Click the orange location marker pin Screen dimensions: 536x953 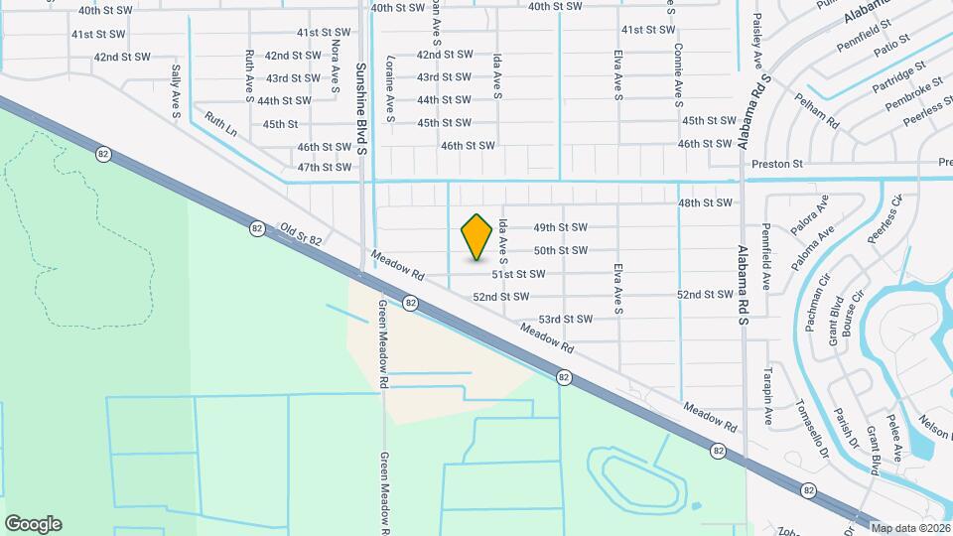(x=477, y=236)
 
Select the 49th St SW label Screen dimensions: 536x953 (x=561, y=227)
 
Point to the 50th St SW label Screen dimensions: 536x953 (x=561, y=250)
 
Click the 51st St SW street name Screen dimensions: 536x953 (x=518, y=274)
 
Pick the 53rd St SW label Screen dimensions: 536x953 (x=565, y=320)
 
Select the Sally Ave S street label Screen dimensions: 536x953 (x=176, y=92)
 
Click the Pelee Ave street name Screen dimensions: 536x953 (x=894, y=437)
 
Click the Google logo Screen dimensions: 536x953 (x=33, y=524)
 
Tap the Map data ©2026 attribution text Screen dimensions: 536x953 (x=910, y=527)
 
